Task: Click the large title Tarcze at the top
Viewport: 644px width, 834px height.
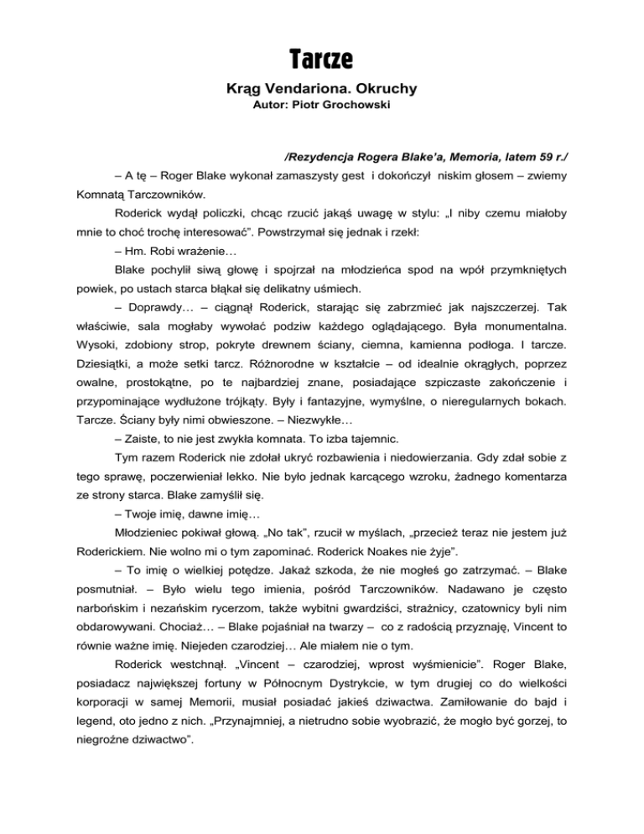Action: pos(322,60)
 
